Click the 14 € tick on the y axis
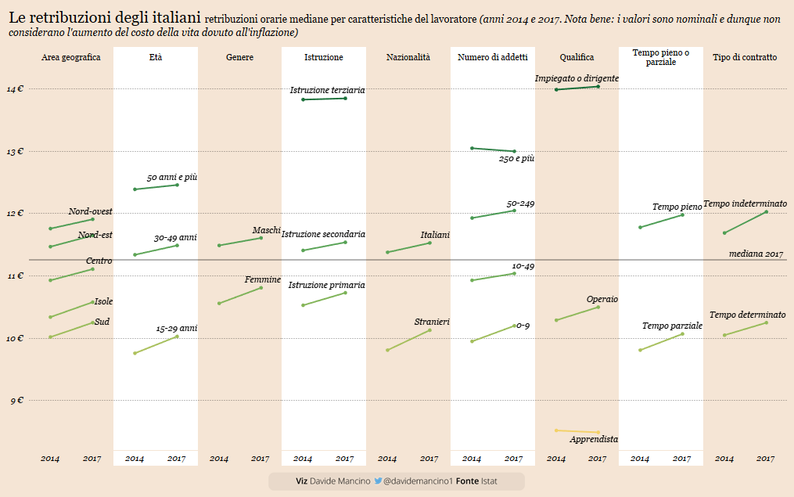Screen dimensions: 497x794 click(15, 89)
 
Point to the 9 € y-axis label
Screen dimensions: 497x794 click(15, 401)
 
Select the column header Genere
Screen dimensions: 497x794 click(239, 57)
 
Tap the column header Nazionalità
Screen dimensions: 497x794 click(408, 57)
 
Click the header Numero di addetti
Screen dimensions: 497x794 click(493, 57)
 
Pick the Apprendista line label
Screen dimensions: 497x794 click(594, 440)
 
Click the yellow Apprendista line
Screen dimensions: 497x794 click(577, 431)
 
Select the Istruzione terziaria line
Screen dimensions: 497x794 click(324, 99)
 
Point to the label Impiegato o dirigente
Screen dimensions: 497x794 click(577, 78)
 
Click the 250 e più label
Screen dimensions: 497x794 click(516, 158)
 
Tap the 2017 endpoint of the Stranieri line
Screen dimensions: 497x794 click(429, 330)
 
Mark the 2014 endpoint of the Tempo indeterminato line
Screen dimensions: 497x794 click(724, 232)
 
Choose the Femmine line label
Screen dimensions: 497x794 click(262, 279)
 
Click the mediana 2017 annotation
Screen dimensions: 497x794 click(756, 254)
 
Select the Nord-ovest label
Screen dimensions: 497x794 click(90, 211)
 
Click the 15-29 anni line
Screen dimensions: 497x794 click(156, 344)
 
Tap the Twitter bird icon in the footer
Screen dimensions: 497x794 click(378, 481)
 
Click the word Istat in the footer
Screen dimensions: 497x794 click(489, 481)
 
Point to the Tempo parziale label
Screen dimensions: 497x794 click(672, 326)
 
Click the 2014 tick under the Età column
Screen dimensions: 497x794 click(135, 458)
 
